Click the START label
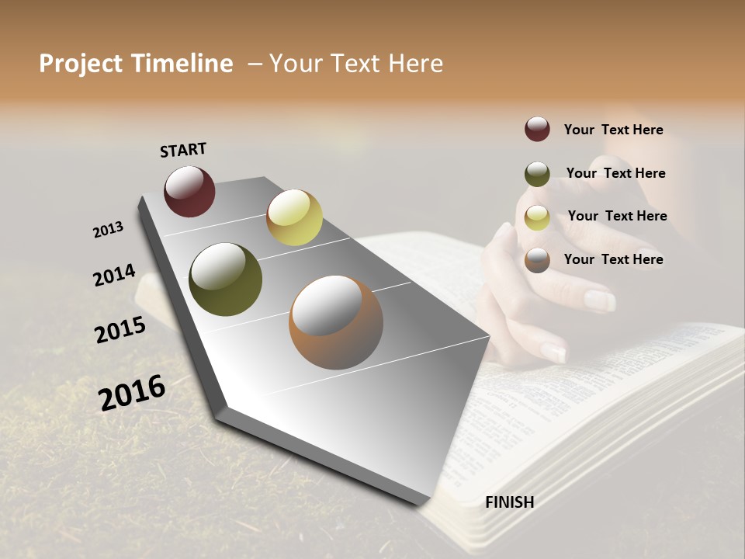coord(183,150)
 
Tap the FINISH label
coord(509,502)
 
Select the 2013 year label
coord(108,230)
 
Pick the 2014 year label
coord(114,276)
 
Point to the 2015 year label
coord(120,330)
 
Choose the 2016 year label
coord(132,393)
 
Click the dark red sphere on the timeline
coord(189,191)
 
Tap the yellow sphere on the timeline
coord(294,217)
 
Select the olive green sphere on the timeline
coord(225,279)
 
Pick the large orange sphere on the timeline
coord(336,322)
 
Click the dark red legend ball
coord(537,129)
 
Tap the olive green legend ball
coord(537,174)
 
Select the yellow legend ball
coord(537,217)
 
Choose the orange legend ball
coord(537,260)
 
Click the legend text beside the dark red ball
coord(613,130)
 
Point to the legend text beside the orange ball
coord(613,259)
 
